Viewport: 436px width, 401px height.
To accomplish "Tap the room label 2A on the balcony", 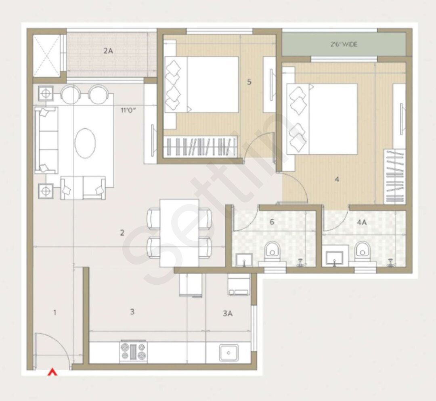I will [x=108, y=51].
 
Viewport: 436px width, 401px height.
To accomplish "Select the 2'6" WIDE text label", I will [x=344, y=44].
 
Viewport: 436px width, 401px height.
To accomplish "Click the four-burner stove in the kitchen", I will [x=133, y=351].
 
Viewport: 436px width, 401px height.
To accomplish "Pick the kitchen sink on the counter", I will [x=229, y=353].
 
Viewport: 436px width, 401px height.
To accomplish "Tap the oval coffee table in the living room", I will [x=85, y=143].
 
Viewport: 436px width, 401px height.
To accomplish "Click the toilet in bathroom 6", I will [x=273, y=250].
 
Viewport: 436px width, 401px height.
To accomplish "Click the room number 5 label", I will [x=249, y=82].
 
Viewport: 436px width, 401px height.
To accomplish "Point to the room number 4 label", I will [x=337, y=179].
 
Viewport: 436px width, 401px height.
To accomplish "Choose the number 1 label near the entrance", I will [x=55, y=312].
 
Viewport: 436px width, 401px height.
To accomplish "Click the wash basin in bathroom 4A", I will [x=334, y=257].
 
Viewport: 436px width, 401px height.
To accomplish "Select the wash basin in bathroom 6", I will [x=244, y=260].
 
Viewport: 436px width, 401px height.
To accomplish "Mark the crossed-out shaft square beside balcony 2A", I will [x=46, y=55].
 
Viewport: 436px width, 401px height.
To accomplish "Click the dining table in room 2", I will [x=179, y=233].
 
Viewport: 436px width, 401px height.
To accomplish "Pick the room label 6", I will [x=272, y=222].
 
